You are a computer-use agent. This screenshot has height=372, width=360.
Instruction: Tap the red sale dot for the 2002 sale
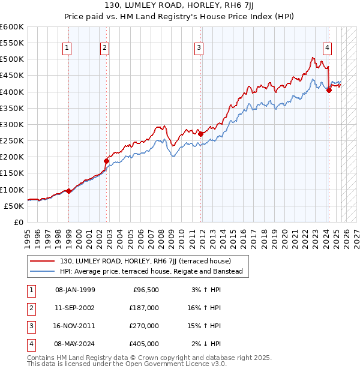click(106, 161)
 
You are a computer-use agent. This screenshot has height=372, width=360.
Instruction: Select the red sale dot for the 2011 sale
click(200, 134)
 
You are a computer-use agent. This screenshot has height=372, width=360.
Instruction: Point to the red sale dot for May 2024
click(329, 90)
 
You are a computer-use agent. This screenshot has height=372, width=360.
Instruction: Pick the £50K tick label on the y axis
click(14, 206)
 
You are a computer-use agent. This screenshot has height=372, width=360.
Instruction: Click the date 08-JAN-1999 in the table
click(75, 289)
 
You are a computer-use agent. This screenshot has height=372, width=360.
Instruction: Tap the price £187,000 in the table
click(144, 307)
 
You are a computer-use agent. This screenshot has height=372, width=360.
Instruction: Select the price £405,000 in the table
click(144, 344)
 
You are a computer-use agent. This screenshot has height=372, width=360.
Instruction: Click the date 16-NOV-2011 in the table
click(75, 326)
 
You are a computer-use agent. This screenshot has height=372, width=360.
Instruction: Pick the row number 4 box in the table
click(29, 344)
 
